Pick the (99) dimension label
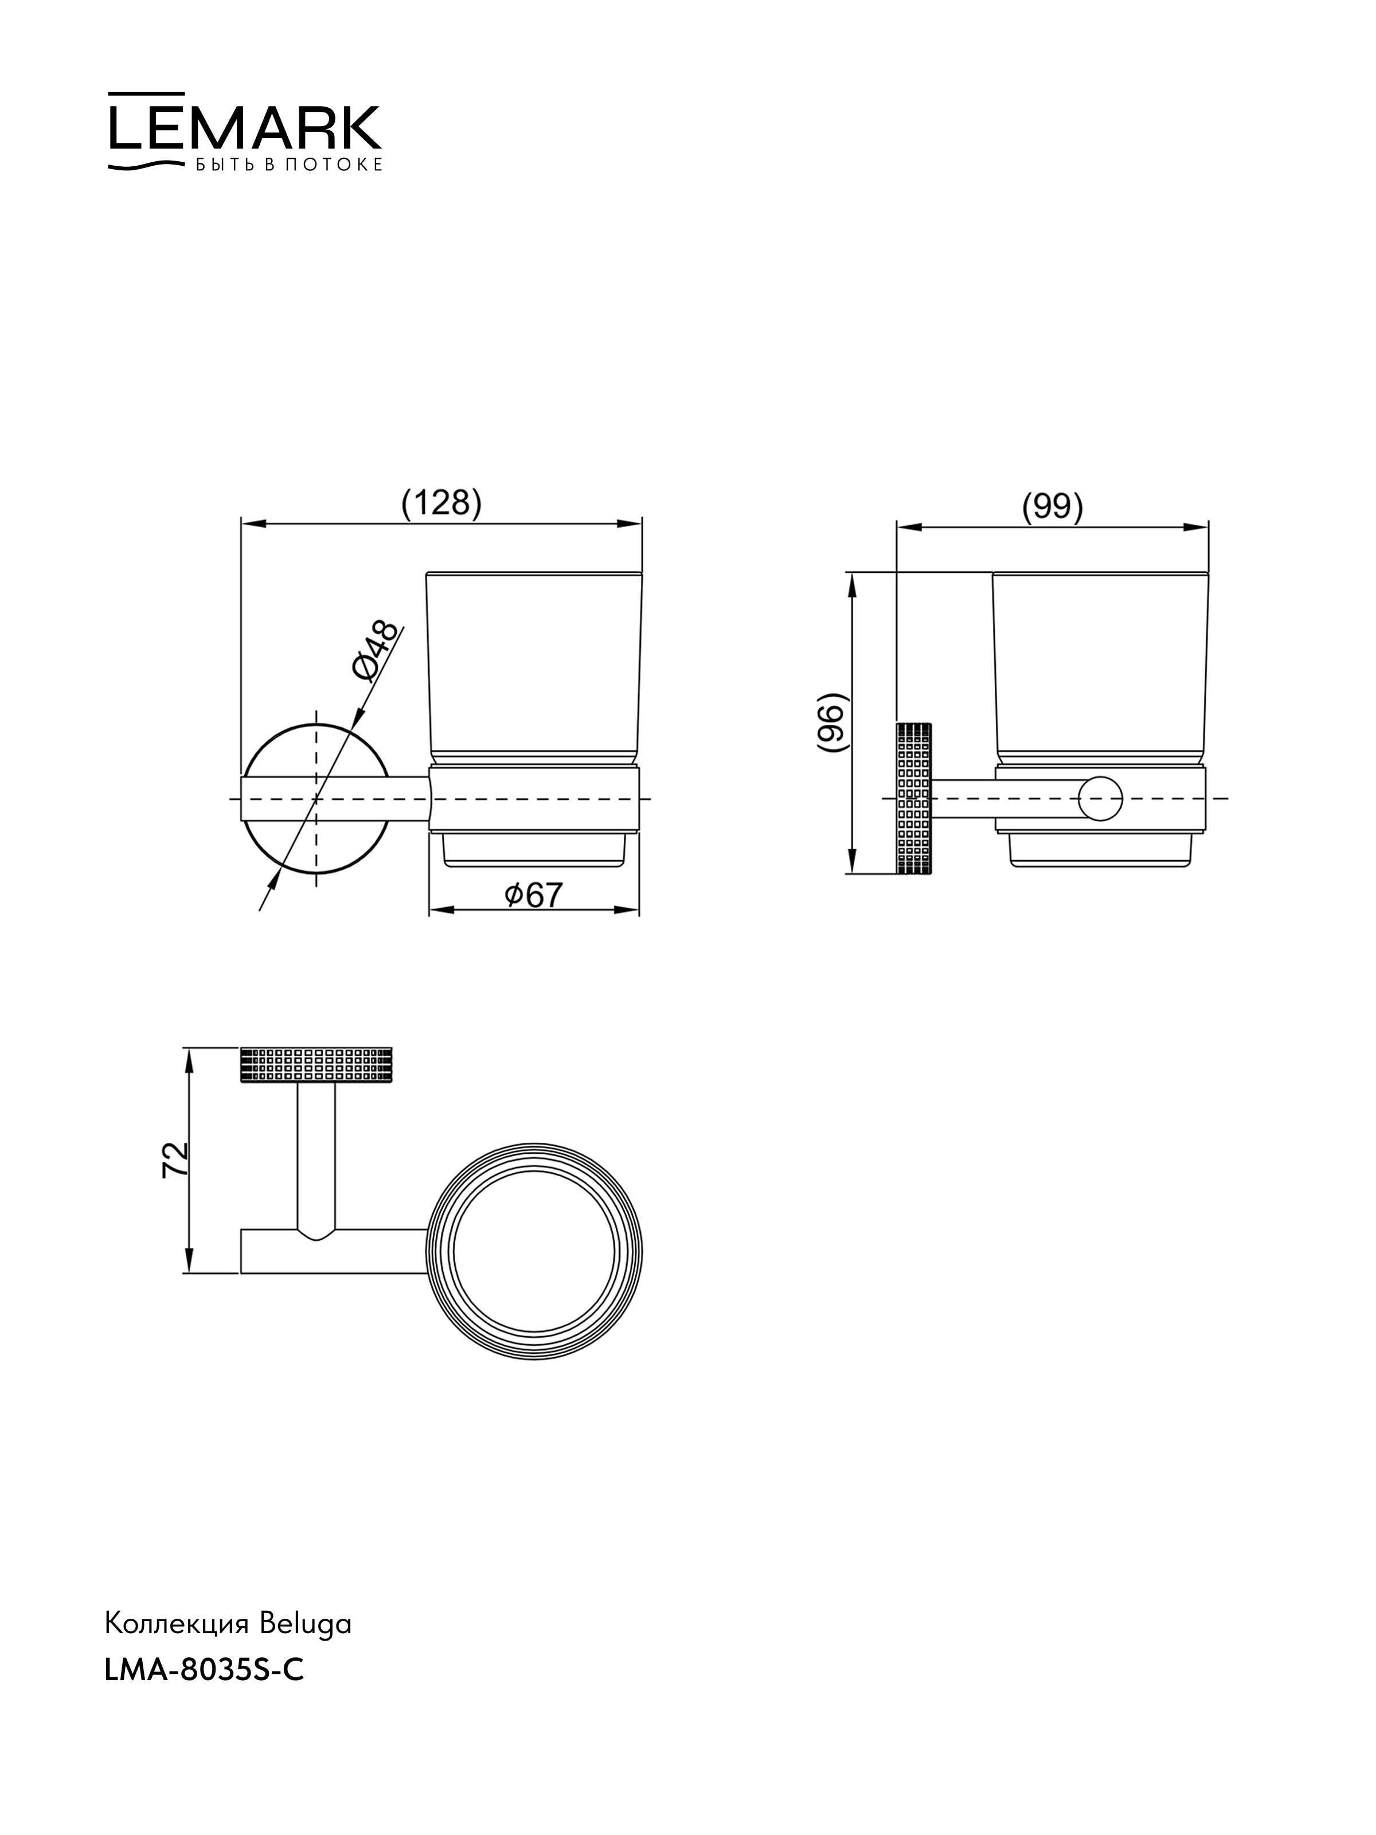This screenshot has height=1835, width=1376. [1051, 507]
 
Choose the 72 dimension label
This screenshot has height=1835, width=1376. [176, 1159]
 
